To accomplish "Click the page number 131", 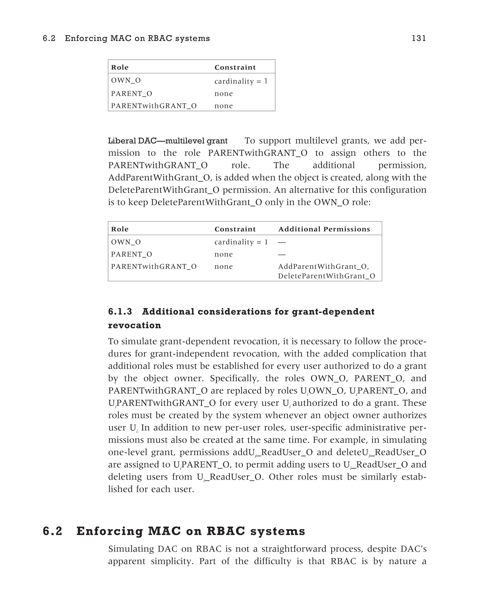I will [419, 38].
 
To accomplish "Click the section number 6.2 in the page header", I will [49, 38].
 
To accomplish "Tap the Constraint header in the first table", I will [235, 67].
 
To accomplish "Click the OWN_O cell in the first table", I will [126, 80].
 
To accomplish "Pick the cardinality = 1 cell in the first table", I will [241, 81].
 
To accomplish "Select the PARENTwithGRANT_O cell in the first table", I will [154, 106].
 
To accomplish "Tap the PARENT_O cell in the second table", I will [131, 254].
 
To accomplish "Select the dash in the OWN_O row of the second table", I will [282, 242].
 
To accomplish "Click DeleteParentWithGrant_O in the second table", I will [326, 276].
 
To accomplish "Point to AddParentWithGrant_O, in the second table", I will [323, 267].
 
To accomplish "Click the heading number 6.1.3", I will [120, 312].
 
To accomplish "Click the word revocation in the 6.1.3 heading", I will [134, 325].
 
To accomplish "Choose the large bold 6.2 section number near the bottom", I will [52, 531].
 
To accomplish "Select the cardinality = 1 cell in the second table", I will [241, 242].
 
